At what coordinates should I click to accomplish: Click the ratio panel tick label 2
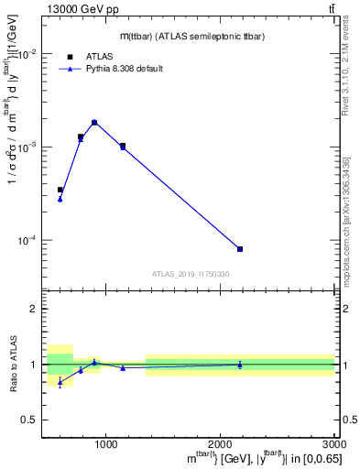point(33,310)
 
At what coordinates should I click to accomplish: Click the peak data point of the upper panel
point(94,122)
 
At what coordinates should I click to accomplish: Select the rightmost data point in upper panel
point(240,249)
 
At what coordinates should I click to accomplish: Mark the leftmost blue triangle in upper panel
point(60,199)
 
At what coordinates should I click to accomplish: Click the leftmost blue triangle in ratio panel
point(60,382)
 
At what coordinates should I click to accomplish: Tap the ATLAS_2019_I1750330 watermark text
point(191,274)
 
